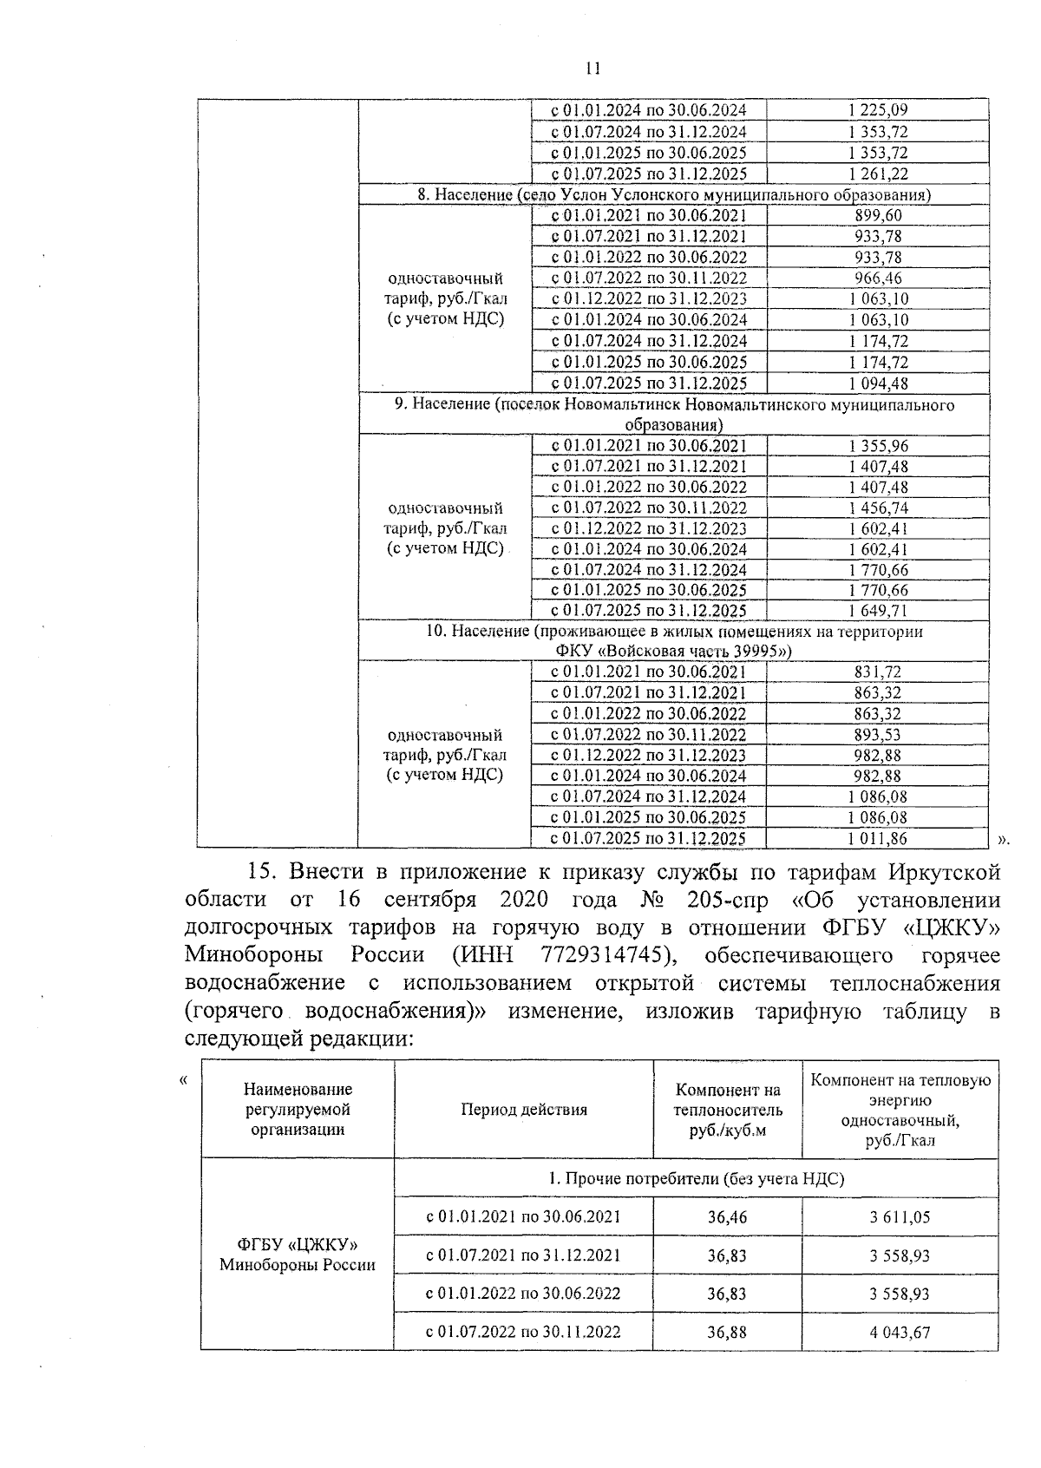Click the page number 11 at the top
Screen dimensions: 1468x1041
(x=593, y=69)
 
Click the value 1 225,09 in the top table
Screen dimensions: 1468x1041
(x=878, y=110)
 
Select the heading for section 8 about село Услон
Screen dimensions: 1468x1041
(x=674, y=194)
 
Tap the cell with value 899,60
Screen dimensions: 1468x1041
(x=878, y=216)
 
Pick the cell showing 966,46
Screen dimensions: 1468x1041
(x=878, y=279)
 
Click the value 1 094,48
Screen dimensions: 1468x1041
(x=878, y=383)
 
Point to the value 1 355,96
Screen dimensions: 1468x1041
(x=878, y=446)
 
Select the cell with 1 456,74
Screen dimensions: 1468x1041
(x=878, y=508)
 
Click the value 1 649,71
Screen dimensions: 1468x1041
(x=878, y=611)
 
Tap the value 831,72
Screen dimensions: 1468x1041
(x=878, y=672)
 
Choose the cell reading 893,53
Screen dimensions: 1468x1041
(x=878, y=735)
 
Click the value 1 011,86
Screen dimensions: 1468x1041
(x=878, y=838)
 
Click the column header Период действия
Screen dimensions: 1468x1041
(x=523, y=1110)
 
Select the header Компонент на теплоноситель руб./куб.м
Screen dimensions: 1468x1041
(x=728, y=1110)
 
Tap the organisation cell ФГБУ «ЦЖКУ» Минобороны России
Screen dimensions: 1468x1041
(x=298, y=1255)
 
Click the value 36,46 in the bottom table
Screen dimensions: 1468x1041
(x=727, y=1217)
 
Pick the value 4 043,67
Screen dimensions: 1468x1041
(x=900, y=1332)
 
